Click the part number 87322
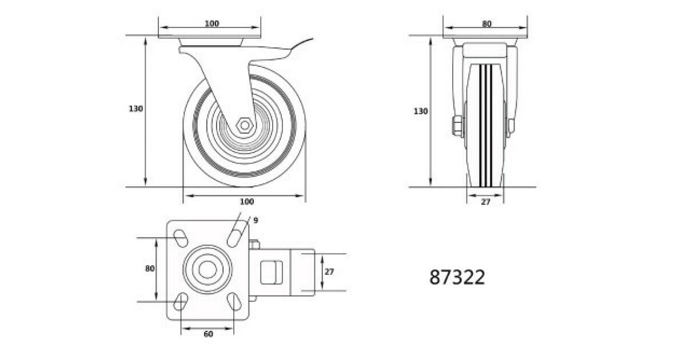tap(457, 277)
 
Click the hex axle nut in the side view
tap(245, 125)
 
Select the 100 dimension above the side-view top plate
tap(212, 23)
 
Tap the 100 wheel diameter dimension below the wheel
tap(246, 201)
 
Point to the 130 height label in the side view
tap(135, 109)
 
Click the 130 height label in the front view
tap(421, 111)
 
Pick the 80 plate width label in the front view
tap(486, 23)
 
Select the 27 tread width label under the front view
tap(486, 202)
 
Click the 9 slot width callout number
tap(256, 220)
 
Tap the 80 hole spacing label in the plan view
tap(150, 269)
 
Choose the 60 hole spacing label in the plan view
tap(208, 334)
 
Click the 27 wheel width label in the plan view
tap(329, 271)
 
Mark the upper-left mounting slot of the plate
tap(181, 238)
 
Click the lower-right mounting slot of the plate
tap(235, 302)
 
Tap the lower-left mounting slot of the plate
tap(181, 302)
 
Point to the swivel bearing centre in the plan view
tap(208, 269)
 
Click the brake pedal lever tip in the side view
tap(312, 39)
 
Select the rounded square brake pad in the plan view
tap(272, 272)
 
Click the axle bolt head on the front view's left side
tap(457, 126)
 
